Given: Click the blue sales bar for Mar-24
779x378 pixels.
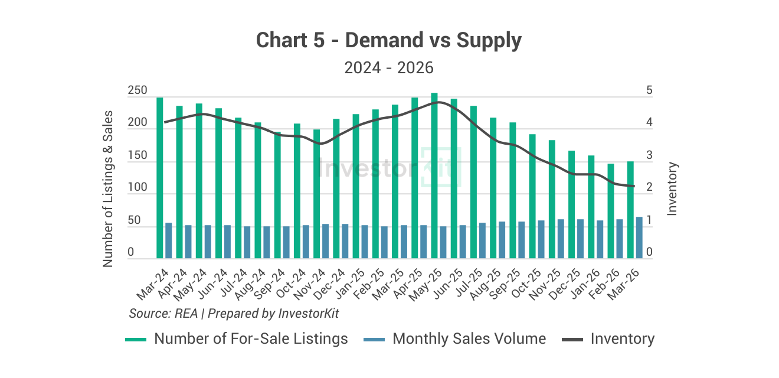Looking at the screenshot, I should click(168, 241).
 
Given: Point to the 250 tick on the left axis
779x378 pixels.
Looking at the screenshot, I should click(138, 91).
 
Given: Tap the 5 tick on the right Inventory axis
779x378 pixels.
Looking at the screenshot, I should click(649, 91).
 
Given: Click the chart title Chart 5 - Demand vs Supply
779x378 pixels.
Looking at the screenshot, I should click(389, 41).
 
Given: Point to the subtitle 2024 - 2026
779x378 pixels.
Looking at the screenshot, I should click(389, 68).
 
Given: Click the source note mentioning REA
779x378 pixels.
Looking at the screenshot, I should click(234, 314).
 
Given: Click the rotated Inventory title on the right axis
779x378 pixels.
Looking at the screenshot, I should click(672, 188).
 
